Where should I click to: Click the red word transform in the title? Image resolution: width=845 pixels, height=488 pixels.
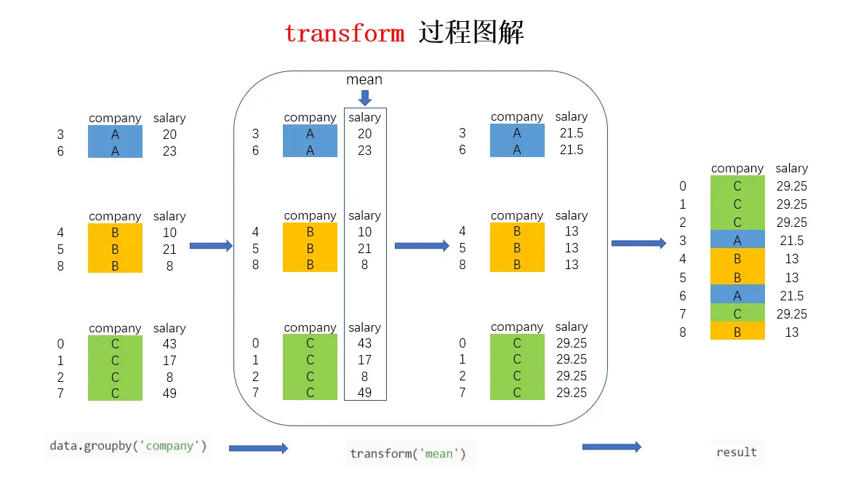point(344,33)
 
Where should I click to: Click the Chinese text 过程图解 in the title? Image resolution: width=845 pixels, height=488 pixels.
point(471,33)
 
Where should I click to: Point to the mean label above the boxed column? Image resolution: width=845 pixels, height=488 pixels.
point(364,80)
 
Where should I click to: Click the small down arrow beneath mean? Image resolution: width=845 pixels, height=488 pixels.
point(364,97)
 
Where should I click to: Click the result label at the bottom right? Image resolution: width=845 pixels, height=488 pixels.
point(737,452)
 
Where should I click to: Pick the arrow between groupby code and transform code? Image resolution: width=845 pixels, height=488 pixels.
point(258,449)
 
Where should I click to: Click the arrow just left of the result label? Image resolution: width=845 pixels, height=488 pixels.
point(612,447)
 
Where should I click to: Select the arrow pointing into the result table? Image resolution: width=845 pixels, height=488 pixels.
point(638,243)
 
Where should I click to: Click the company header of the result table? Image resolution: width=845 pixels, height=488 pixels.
point(737,168)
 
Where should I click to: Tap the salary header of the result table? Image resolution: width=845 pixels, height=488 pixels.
point(791,168)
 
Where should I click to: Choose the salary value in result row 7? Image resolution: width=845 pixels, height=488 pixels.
point(791,314)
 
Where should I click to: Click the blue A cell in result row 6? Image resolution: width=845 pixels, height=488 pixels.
point(737,295)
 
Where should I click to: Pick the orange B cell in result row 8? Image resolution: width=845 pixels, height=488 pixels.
point(737,332)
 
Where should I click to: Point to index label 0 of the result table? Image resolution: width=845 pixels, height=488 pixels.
point(683,186)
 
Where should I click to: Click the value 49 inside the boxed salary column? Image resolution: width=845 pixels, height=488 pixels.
point(364,393)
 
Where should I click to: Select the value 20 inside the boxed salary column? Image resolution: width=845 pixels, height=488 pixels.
point(364,134)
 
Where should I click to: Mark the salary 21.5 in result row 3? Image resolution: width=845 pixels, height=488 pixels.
point(791,241)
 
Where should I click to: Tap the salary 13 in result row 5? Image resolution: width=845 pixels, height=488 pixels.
point(791,277)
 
